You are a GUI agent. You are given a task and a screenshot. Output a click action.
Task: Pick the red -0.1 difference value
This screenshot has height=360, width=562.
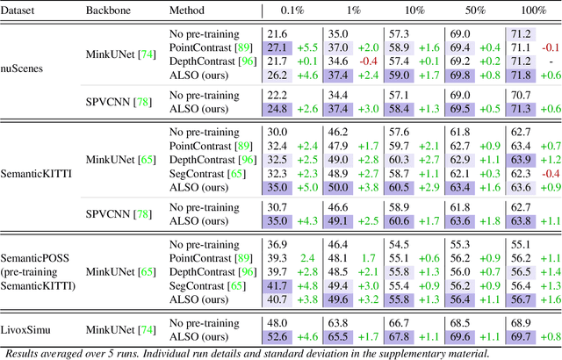click(551, 47)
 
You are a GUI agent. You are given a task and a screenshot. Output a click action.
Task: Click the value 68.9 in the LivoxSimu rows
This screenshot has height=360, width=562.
click(520, 322)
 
